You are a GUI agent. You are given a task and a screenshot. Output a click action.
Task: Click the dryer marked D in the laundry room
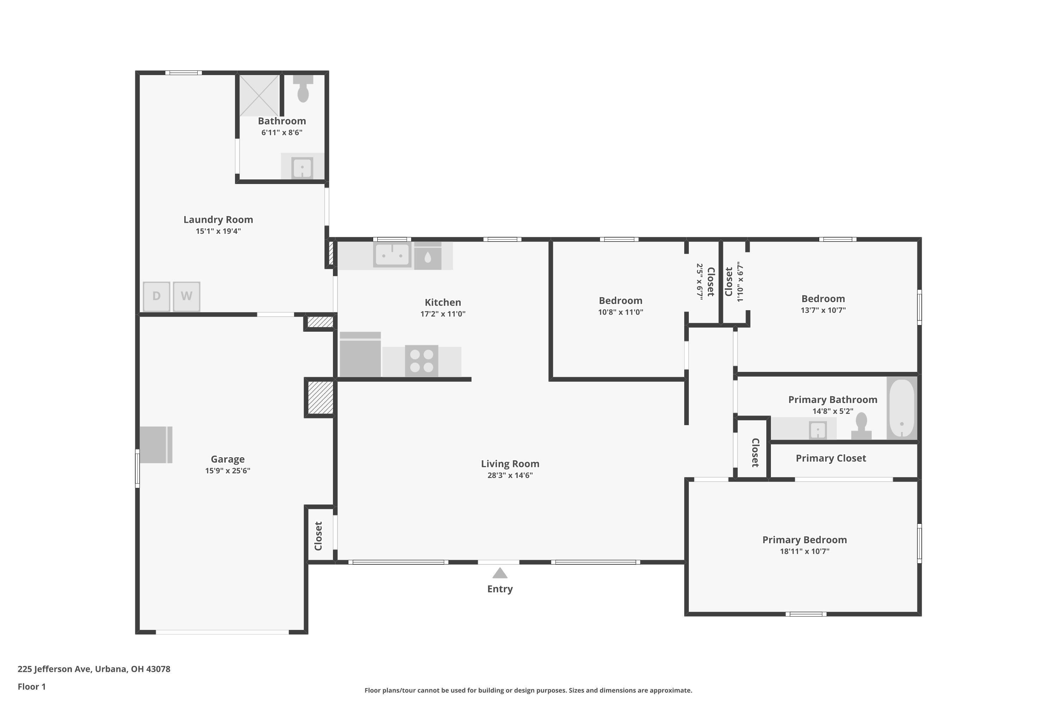click(x=156, y=296)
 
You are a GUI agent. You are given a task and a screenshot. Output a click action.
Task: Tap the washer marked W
click(x=186, y=296)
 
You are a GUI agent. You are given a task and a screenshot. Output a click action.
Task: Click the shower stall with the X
click(x=259, y=95)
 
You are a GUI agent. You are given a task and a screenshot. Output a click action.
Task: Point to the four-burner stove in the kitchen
click(x=421, y=361)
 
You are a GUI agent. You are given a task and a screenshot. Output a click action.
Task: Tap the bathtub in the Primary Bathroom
click(x=902, y=408)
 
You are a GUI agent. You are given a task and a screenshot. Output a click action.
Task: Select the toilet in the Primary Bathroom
click(x=861, y=427)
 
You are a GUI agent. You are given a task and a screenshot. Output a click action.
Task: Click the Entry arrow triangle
click(x=500, y=573)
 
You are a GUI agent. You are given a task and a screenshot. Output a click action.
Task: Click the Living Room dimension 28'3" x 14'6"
click(x=510, y=475)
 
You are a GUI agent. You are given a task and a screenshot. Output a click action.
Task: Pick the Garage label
click(x=228, y=459)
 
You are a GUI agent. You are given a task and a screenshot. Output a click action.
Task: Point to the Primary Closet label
click(x=830, y=458)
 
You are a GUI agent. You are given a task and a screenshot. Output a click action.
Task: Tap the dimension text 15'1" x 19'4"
click(x=218, y=231)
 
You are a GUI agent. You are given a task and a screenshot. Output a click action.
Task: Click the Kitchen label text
click(x=443, y=302)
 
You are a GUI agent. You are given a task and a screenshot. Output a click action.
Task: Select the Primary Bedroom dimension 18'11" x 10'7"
click(x=804, y=551)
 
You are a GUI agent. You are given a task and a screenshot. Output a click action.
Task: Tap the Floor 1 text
click(x=31, y=687)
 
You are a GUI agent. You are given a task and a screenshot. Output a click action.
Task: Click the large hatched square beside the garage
click(x=320, y=398)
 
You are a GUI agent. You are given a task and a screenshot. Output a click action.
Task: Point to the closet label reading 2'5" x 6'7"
click(x=700, y=281)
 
